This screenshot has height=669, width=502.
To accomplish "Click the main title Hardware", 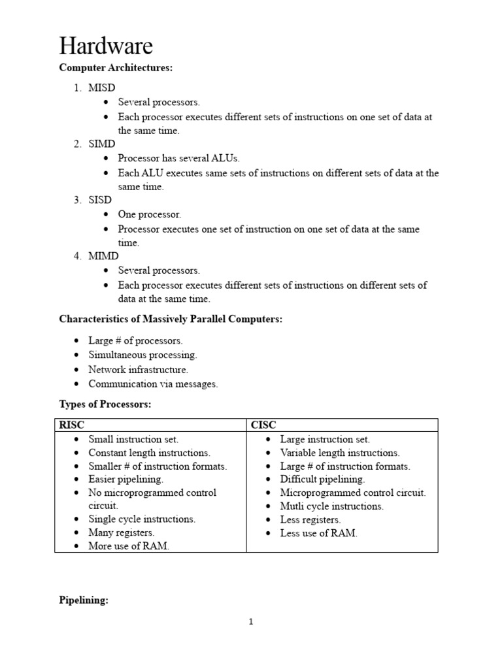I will point(106,46).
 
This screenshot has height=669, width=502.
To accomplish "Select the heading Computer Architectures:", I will point(116,67).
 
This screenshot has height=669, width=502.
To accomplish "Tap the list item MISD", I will point(103,88).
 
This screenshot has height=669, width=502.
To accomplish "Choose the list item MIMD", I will point(103,256).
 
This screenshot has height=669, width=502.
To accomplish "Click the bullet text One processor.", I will point(149,214).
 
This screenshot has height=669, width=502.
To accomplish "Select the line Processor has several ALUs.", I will point(178,158).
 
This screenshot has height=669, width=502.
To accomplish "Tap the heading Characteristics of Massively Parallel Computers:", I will point(171,319).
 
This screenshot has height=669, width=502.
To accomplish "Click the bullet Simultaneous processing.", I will point(142,355).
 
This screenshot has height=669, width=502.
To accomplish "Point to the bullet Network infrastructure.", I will point(138,370).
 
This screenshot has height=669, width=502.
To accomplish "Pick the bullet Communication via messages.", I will point(153,384).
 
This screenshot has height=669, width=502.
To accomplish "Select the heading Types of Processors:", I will point(105,404).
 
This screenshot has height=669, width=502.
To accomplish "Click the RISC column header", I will point(72,425).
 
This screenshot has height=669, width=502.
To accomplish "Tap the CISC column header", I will point(263,425).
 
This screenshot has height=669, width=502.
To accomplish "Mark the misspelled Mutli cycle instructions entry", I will point(331,506).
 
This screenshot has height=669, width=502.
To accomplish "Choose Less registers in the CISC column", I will point(310,520).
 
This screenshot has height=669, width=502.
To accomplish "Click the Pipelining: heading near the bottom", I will point(83,600).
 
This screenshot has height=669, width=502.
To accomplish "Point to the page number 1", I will point(250,622).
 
